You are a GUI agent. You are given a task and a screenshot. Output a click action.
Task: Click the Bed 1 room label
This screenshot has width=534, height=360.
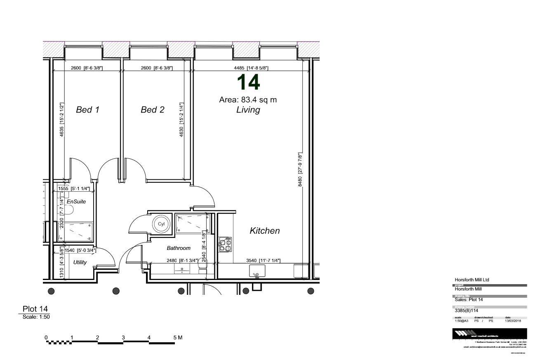(x=88, y=110)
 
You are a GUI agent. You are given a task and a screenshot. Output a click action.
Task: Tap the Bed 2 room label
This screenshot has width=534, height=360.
(x=153, y=110)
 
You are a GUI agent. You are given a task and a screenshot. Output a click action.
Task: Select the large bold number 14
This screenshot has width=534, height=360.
(x=248, y=83)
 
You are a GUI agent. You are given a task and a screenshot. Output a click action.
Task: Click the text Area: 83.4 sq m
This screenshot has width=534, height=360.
(x=248, y=100)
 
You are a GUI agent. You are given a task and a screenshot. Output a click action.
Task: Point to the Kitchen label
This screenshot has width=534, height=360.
(x=265, y=231)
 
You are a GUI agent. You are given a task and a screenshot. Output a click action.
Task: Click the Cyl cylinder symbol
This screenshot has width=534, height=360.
(x=161, y=225)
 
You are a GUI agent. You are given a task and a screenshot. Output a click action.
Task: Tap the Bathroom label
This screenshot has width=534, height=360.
(x=179, y=248)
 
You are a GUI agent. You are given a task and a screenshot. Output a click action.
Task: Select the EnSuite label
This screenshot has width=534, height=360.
(x=76, y=202)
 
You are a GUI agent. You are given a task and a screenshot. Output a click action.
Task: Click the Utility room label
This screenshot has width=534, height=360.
(x=80, y=262)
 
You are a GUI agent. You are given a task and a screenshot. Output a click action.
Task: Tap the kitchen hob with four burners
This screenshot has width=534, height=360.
(x=225, y=245)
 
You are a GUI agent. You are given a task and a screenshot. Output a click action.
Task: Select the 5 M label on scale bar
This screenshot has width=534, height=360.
(x=178, y=337)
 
